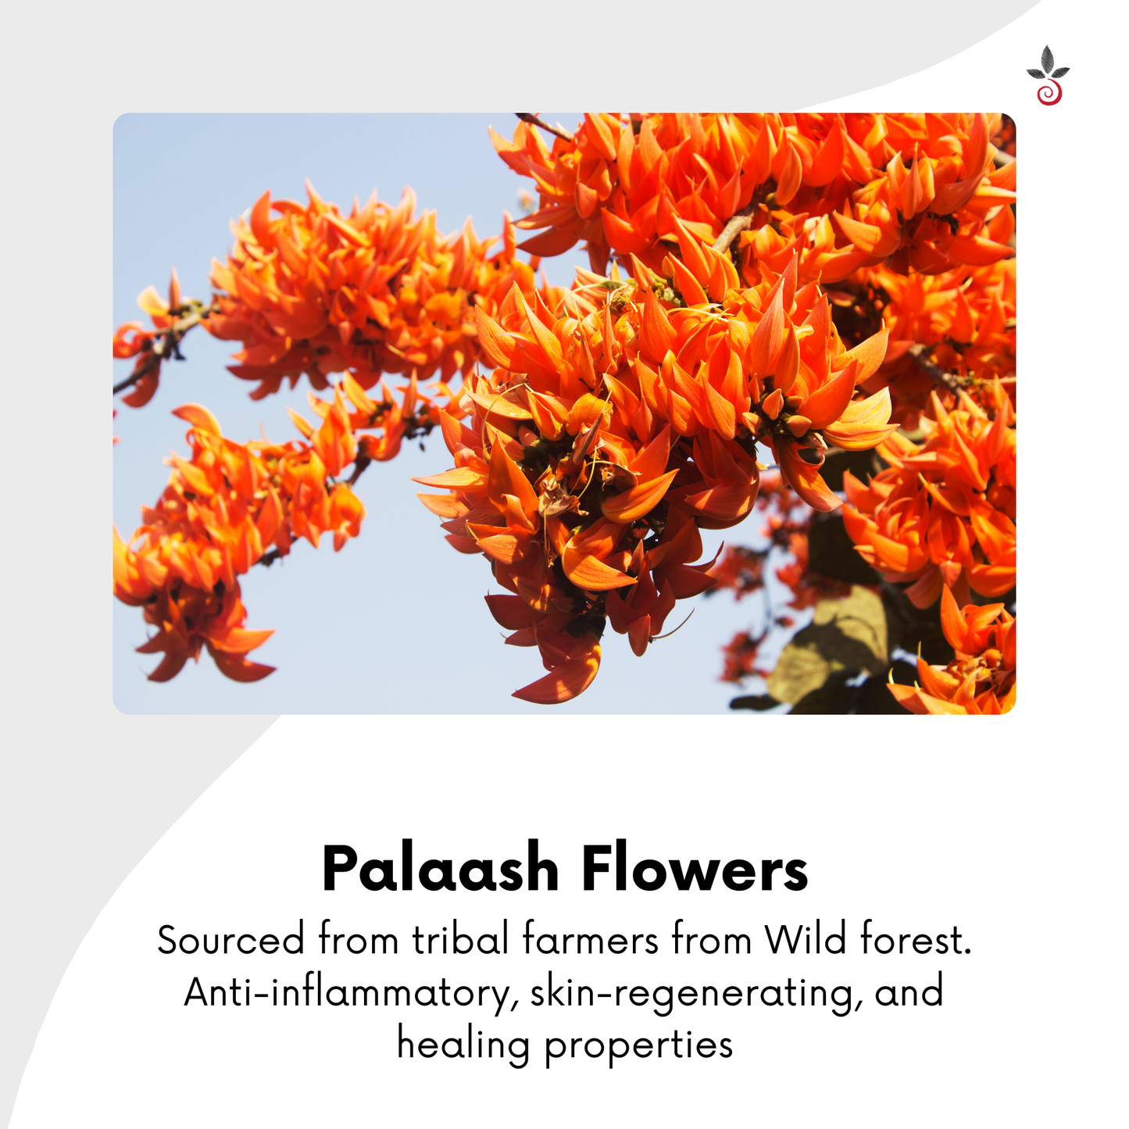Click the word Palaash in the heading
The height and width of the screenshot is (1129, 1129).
[441, 869]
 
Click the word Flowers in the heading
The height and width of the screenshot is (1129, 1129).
[695, 869]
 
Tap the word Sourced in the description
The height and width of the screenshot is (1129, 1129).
[230, 940]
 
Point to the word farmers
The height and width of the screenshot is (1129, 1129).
[591, 939]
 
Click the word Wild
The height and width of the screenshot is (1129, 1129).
[805, 939]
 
